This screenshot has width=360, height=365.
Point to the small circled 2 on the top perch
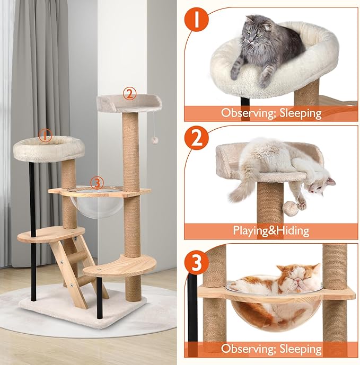point(128,94)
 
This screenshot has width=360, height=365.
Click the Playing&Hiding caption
point(271,230)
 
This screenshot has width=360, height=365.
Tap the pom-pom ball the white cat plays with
point(291,207)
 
